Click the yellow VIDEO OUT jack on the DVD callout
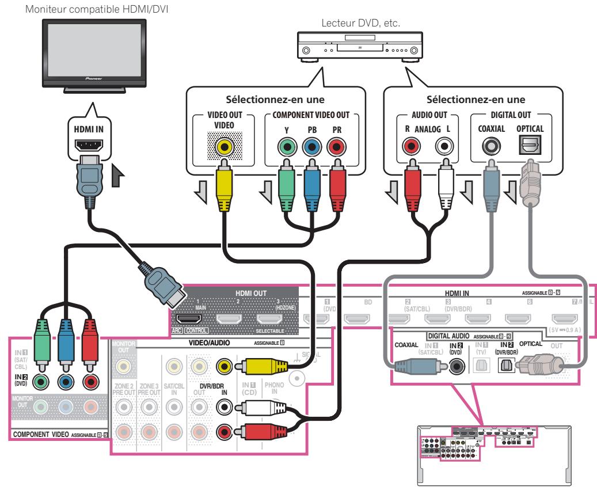pyautogui.click(x=221, y=147)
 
